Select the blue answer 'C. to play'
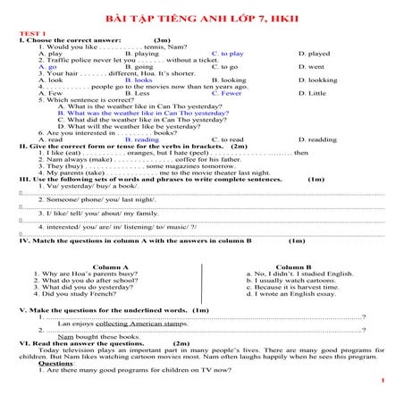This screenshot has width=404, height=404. tap(233, 54)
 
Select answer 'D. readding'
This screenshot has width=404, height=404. tap(318, 139)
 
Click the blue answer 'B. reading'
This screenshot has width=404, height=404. tap(141, 139)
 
